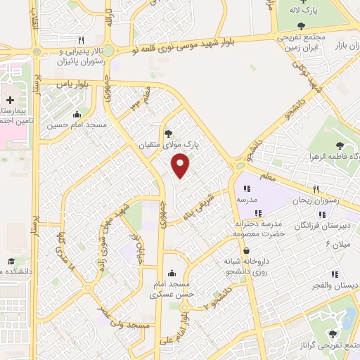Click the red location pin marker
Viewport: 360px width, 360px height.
181,166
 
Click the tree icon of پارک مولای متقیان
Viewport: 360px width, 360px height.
167,133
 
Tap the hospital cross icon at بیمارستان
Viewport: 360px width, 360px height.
10,101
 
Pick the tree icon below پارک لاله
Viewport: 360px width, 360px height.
302,26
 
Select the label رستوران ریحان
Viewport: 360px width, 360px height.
316,200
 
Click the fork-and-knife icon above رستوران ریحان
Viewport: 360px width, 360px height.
316,189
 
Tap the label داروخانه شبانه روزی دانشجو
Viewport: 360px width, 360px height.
247,266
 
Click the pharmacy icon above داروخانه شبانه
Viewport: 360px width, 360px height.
246,250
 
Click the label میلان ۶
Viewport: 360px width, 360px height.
336,243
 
